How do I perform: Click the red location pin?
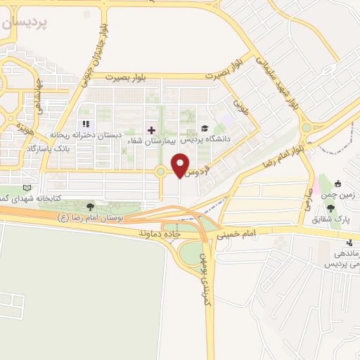pos(181,164)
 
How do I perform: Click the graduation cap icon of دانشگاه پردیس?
pos(205,128)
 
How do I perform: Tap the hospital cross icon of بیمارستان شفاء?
pos(150,130)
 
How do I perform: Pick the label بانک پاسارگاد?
pos(50,149)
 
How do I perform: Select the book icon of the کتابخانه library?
pos(27,188)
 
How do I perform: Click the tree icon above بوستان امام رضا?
pos(89,206)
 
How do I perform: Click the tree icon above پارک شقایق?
pos(330,208)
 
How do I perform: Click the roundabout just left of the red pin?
pos(161,171)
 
